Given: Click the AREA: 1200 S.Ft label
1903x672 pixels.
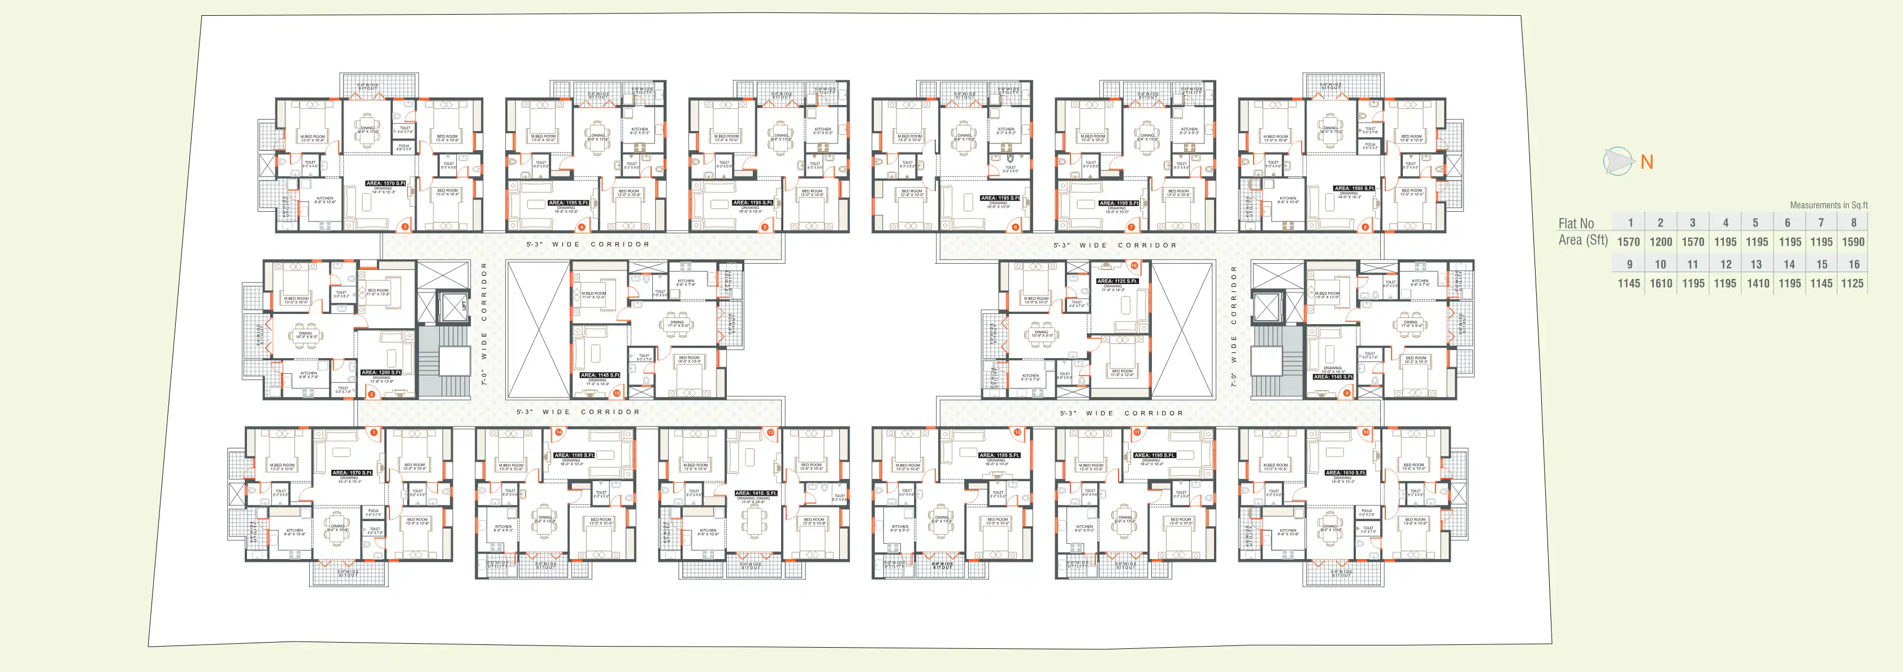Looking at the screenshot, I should tap(381, 372).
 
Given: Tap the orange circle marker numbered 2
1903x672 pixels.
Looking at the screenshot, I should tap(371, 394).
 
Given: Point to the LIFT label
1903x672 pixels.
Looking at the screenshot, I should tap(464, 304).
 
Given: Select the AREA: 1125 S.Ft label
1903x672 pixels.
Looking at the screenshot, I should tap(1117, 281).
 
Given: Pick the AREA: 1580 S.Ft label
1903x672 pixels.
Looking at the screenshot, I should tap(1354, 188).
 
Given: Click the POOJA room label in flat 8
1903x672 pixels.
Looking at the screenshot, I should tap(1371, 146).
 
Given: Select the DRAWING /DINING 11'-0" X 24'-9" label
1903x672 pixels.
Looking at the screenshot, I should tap(753, 501).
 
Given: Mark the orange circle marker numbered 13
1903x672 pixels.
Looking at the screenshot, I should tap(770, 433).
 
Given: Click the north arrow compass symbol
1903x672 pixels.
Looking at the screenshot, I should tap(1618, 162).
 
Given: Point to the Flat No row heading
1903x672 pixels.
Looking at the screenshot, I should tap(1576, 223).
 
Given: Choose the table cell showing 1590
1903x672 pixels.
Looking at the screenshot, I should tap(1853, 242).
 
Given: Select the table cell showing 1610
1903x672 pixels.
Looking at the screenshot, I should tap(1661, 283).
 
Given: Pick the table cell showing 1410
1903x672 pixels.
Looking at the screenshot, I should tap(1758, 283).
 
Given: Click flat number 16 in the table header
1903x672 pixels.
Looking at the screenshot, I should tap(1853, 264).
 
